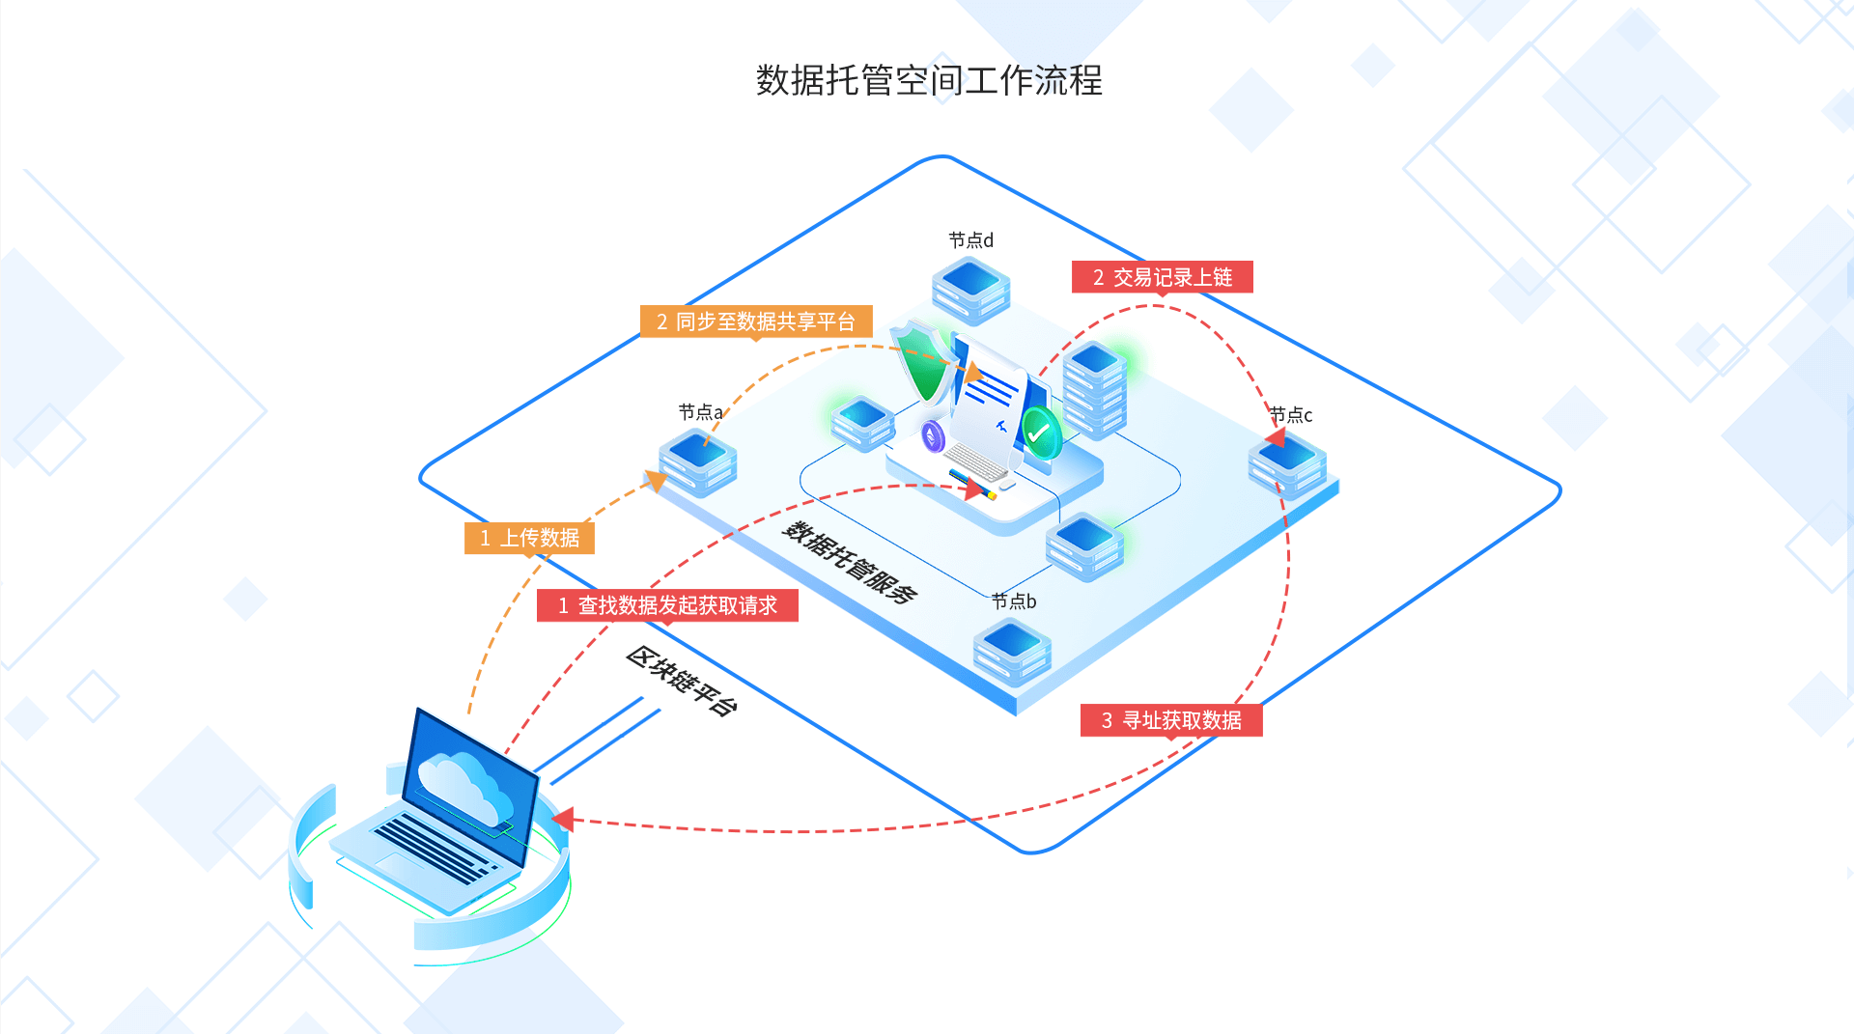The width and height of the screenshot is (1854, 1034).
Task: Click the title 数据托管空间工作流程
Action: point(928,80)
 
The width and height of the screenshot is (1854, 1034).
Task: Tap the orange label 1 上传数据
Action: point(529,538)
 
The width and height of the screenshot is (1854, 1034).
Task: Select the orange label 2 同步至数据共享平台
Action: point(756,321)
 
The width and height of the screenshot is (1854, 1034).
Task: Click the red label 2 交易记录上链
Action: point(1162,277)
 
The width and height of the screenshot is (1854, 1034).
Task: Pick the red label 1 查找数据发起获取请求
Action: point(667,605)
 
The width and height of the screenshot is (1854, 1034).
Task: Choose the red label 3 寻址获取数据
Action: point(1171,720)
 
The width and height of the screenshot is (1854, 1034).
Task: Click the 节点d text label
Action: point(970,239)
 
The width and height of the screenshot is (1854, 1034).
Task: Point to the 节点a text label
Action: point(700,412)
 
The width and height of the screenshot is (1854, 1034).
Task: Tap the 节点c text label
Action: point(1291,415)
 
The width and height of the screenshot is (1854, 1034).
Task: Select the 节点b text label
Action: point(1014,601)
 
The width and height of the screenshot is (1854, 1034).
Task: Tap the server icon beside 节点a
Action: point(697,462)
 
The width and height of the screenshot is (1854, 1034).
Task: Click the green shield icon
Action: point(922,363)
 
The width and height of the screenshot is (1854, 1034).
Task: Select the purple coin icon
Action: point(933,436)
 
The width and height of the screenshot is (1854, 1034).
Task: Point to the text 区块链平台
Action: point(682,681)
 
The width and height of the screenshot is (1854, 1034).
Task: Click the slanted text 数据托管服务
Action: point(850,562)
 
